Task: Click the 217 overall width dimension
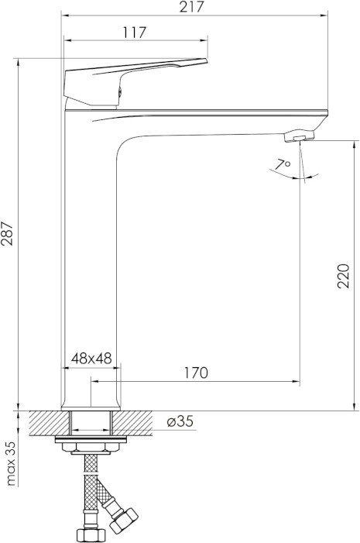(192, 7)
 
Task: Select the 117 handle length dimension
(135, 33)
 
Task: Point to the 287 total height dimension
(7, 233)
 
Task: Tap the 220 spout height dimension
(344, 276)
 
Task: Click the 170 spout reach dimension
(196, 373)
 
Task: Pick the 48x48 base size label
(91, 359)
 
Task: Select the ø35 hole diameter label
(180, 421)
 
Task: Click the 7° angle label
(283, 164)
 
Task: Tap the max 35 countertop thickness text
(11, 463)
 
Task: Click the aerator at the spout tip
(299, 136)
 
